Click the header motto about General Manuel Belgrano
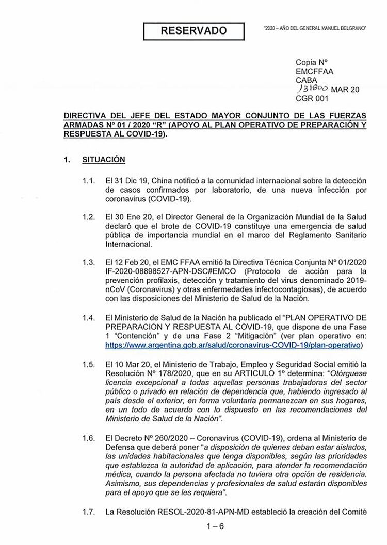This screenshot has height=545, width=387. (x=315, y=26)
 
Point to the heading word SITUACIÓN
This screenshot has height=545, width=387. (x=104, y=160)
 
